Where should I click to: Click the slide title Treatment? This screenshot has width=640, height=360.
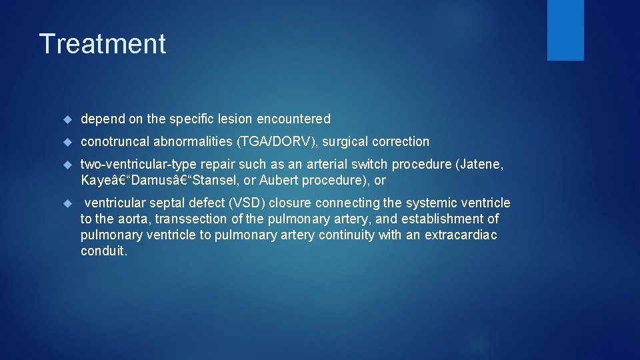pos(103,44)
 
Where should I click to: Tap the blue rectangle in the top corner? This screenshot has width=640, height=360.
pos(565,30)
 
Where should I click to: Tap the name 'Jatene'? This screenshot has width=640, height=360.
pos(485,164)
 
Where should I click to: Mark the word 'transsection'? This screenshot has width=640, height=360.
pos(191,219)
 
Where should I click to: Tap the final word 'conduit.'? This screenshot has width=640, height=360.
pos(103,251)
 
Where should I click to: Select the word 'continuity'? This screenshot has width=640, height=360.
pos(347,235)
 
